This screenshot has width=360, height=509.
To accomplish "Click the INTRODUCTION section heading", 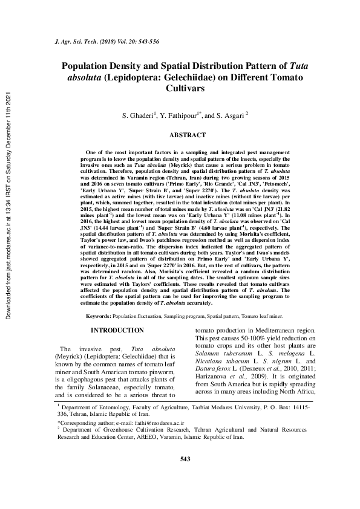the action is pyautogui.click(x=117, y=330).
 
